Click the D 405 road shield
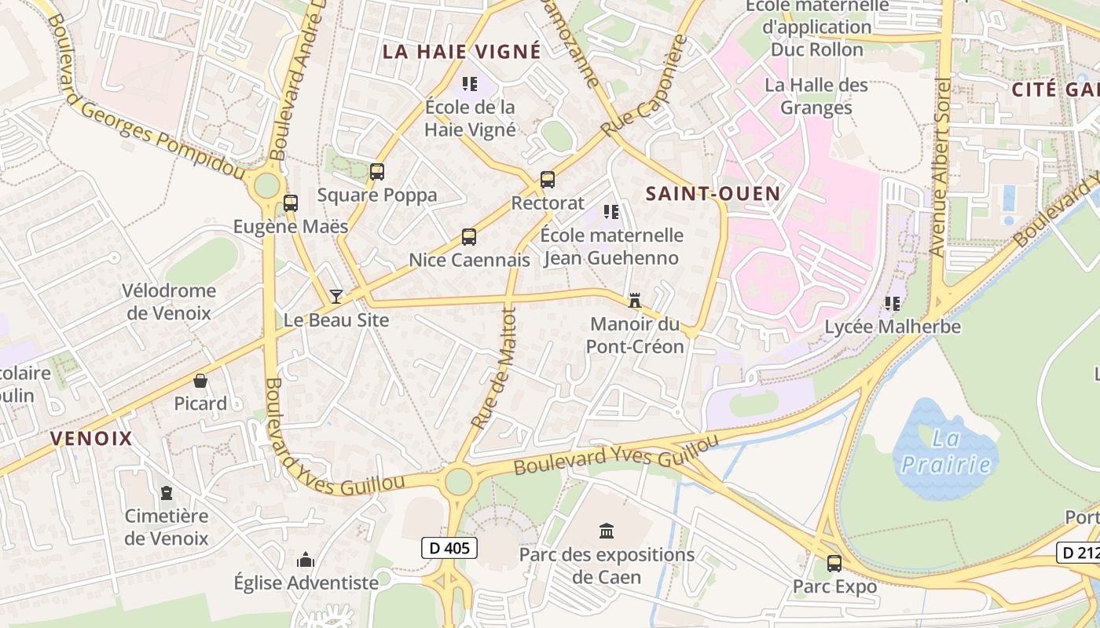(x=449, y=548)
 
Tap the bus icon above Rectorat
(x=548, y=180)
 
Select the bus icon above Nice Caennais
(x=469, y=236)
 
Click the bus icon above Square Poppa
(x=377, y=172)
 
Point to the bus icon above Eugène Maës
(x=291, y=203)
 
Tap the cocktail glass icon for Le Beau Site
(x=336, y=296)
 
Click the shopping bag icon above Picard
(x=200, y=381)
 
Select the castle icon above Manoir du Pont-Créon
(x=635, y=300)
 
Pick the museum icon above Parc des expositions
(x=607, y=531)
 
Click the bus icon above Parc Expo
(x=834, y=563)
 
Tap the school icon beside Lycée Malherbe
(x=893, y=302)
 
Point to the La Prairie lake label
(x=946, y=451)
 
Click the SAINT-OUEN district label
(x=713, y=194)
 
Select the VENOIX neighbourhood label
(x=92, y=439)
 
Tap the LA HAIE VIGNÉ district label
(x=462, y=52)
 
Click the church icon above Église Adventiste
(x=306, y=560)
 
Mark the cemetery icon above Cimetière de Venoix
(x=167, y=493)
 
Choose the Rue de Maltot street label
(x=494, y=367)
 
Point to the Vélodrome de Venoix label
(x=168, y=301)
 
